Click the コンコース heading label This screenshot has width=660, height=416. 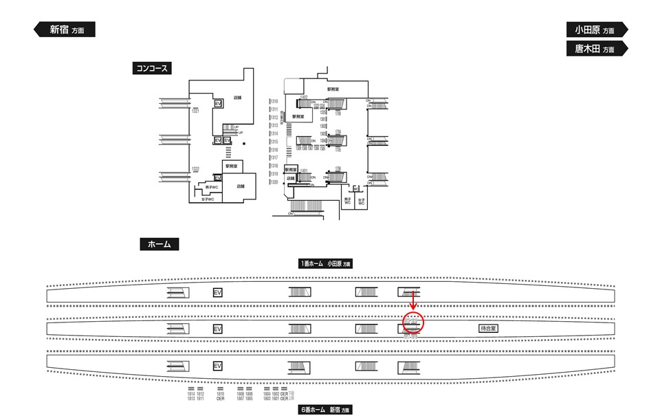pyautogui.click(x=151, y=68)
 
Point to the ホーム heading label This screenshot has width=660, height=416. pyautogui.click(x=159, y=244)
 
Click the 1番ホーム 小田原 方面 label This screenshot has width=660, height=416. pyautogui.click(x=324, y=263)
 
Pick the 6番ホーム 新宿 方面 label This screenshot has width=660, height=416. pyautogui.click(x=324, y=410)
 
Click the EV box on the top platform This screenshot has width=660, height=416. pyautogui.click(x=218, y=292)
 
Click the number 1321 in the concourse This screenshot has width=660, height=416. pyautogui.click(x=196, y=111)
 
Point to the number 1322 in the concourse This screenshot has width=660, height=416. pyautogui.click(x=196, y=169)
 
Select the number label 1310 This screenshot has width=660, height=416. pyautogui.click(x=274, y=102)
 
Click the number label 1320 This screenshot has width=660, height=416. pyautogui.click(x=274, y=182)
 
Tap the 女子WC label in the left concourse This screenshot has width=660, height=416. pyautogui.click(x=208, y=199)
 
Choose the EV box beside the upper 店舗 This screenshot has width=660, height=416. pyautogui.click(x=218, y=103)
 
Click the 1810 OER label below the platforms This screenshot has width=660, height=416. pyautogui.click(x=220, y=395)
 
